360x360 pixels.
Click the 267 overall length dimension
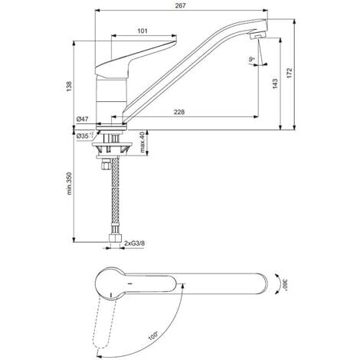point(181,5)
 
